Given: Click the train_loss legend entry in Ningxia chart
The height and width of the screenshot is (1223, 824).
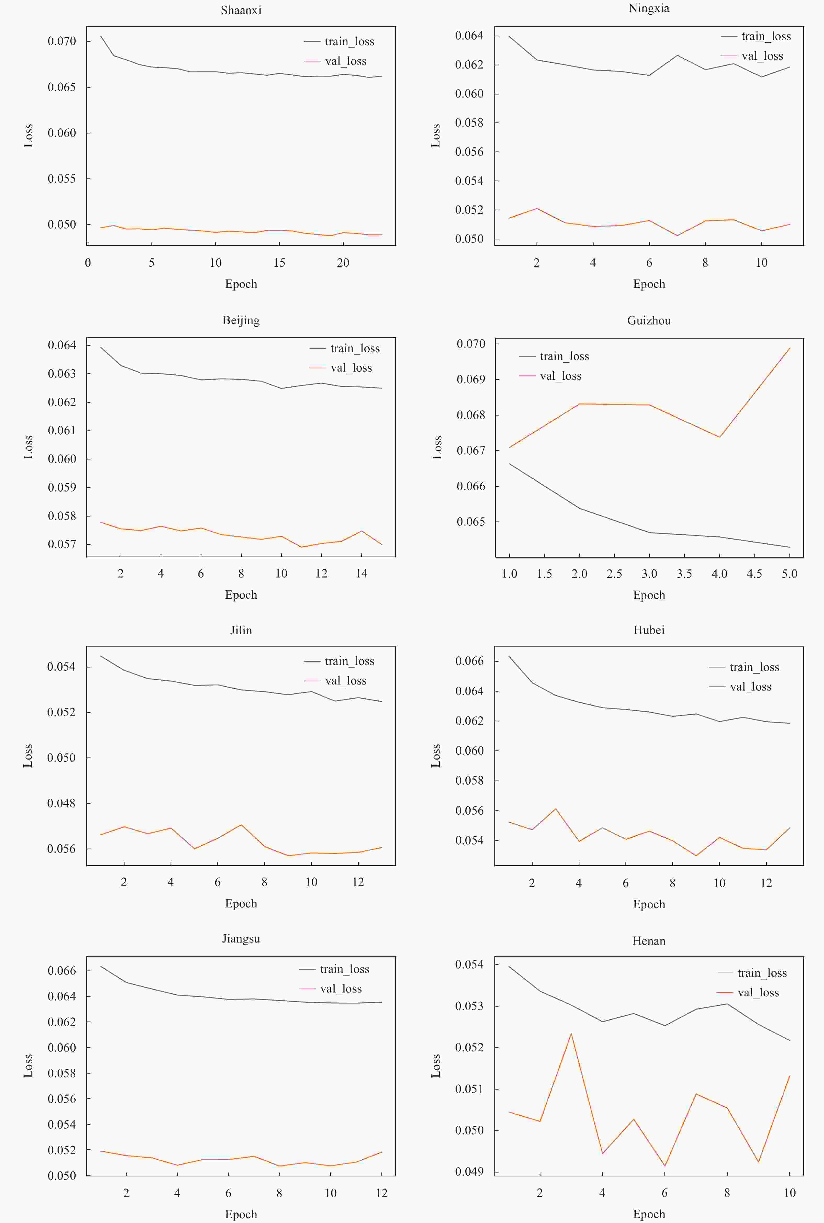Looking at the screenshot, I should pos(766,36).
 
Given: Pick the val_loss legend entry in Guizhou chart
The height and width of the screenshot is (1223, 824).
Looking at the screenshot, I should pos(560,376).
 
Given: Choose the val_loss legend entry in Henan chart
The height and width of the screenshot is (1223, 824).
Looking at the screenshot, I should pos(758,992).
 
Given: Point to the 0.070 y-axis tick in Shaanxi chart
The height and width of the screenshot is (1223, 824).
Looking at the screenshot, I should pos(62,41).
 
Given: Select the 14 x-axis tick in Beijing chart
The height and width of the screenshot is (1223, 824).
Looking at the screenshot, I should pos(362,573).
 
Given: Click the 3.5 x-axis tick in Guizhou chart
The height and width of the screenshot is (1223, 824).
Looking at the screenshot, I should pos(684,573).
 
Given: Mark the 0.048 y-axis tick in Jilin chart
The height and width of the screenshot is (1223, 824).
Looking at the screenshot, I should pos(61,803).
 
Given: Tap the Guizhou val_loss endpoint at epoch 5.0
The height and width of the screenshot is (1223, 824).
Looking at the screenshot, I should pos(789,348).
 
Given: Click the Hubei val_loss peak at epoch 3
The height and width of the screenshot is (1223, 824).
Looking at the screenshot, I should pos(555,809).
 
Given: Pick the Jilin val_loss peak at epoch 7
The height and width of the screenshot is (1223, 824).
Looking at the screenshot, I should pos(241,824).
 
